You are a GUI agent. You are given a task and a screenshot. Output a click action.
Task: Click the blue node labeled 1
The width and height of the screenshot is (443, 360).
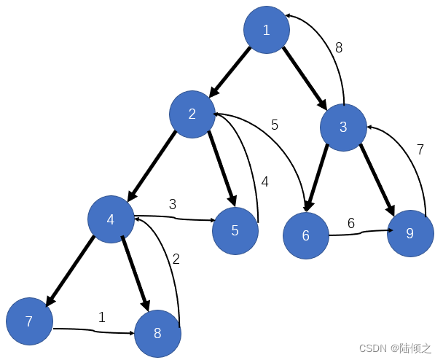tap(266, 30)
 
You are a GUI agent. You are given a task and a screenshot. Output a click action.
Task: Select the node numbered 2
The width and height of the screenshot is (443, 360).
tap(192, 114)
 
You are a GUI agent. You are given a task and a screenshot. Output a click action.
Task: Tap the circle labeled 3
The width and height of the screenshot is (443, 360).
tap(343, 127)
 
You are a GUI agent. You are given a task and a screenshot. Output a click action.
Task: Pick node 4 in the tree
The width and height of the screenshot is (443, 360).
tap(111, 219)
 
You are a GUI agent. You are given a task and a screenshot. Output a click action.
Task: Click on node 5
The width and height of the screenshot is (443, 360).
tap(235, 231)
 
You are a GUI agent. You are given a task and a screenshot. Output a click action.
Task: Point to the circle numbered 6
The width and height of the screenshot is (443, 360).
tap(306, 235)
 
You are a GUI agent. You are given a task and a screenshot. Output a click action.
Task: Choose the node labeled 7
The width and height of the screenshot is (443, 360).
tap(29, 321)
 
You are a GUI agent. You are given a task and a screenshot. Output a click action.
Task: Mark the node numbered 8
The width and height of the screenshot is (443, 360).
tap(157, 334)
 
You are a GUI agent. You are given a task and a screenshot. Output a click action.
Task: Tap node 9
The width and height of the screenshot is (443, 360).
tap(410, 234)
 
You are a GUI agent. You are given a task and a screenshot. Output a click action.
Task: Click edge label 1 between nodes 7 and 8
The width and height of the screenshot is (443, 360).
tap(102, 317)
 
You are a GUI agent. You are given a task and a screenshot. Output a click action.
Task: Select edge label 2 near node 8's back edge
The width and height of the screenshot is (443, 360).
tap(176, 258)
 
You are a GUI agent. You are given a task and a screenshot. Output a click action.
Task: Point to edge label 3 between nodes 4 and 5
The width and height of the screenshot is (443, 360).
tap(173, 204)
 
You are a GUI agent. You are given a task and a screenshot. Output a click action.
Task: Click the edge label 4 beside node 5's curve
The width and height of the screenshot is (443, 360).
tap(265, 182)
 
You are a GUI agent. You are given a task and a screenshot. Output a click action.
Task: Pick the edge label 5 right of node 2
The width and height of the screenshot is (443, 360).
tap(275, 125)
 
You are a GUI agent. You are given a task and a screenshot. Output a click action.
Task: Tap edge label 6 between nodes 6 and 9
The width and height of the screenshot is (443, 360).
tap(351, 223)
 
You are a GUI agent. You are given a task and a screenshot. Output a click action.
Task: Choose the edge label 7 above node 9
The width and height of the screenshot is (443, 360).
tap(420, 149)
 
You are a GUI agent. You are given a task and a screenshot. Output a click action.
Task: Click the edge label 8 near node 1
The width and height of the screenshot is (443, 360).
tap(339, 48)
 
